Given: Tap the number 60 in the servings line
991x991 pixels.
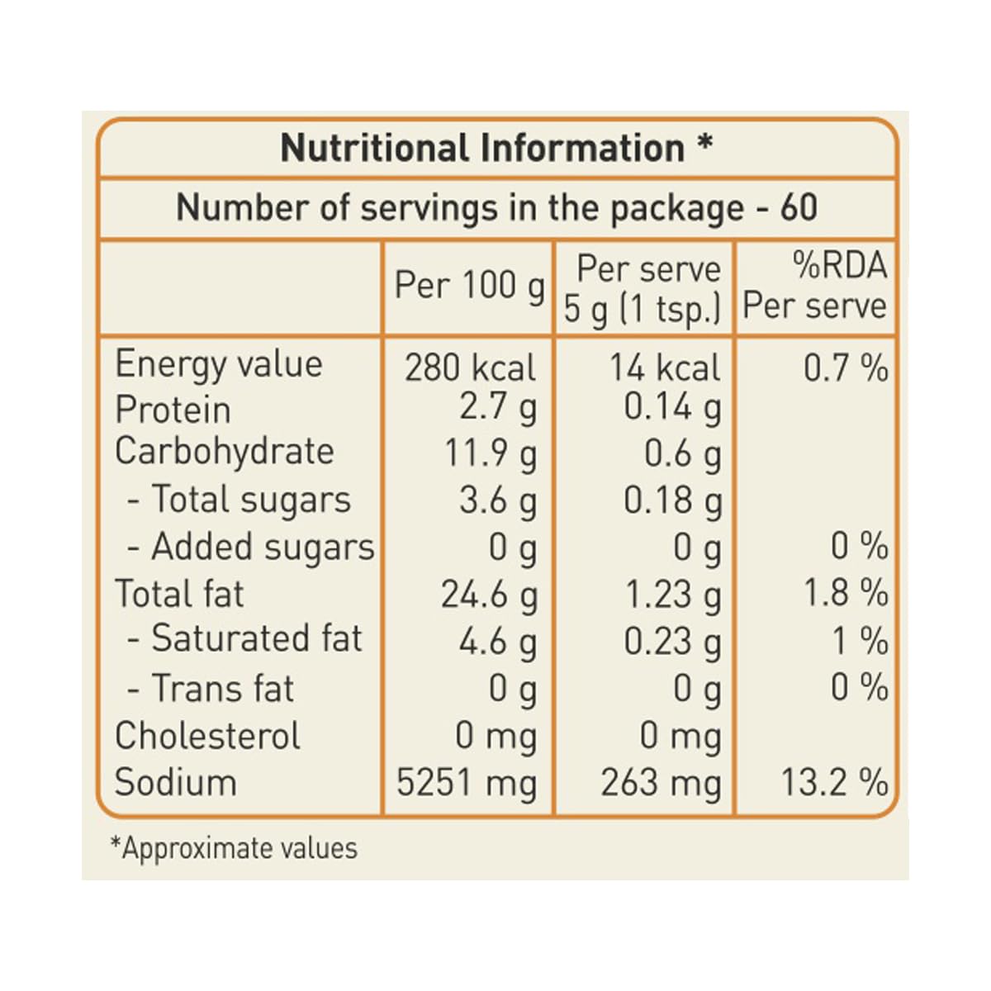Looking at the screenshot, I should (x=799, y=207).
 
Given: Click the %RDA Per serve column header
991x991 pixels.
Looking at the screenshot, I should (x=815, y=286).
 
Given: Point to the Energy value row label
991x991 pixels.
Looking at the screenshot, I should (x=218, y=364).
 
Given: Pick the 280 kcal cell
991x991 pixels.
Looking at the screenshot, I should (x=470, y=367).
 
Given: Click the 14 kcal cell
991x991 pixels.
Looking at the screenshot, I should (x=665, y=367).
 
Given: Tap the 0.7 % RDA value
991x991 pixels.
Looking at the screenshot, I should (x=846, y=367).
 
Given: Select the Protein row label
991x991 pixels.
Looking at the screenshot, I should (x=173, y=410).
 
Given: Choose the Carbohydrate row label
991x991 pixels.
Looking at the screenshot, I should (x=224, y=452).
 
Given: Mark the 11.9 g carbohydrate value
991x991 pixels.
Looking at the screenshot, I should (x=491, y=454).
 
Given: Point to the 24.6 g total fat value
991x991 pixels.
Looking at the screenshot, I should (x=489, y=595).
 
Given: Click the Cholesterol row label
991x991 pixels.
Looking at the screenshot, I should (x=207, y=736).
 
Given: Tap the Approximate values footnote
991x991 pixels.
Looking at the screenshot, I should (x=234, y=848).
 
